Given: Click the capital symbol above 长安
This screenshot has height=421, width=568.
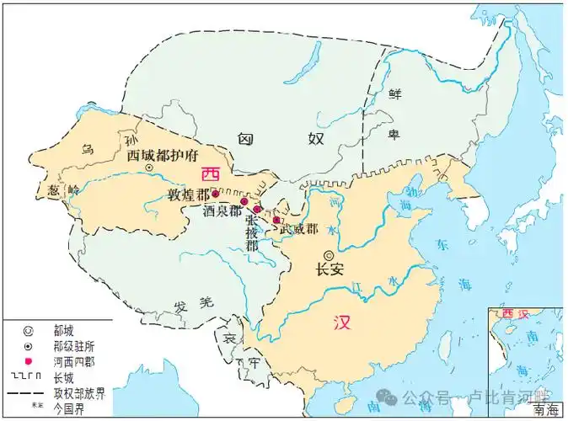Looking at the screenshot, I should (x=329, y=255).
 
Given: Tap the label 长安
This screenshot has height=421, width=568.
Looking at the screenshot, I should (x=330, y=271).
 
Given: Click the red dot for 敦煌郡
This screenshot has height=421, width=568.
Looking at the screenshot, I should (x=215, y=193).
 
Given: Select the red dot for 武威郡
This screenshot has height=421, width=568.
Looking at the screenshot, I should (x=276, y=220).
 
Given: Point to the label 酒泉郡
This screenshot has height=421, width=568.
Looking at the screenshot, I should (x=221, y=212).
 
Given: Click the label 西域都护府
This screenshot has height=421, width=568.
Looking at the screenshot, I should (x=161, y=155).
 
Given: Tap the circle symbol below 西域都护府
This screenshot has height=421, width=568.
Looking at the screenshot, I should (x=149, y=168).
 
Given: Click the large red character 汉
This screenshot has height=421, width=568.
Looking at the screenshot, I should (x=341, y=323).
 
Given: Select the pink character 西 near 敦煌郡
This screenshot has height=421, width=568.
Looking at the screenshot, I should (x=210, y=174).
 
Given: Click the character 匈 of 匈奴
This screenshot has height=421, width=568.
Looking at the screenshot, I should (x=245, y=139).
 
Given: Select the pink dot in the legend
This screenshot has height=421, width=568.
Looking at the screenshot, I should (x=28, y=362).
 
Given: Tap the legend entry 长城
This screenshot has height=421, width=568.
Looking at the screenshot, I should (x=64, y=377).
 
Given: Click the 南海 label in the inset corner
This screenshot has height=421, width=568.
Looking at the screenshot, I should (x=545, y=410).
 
